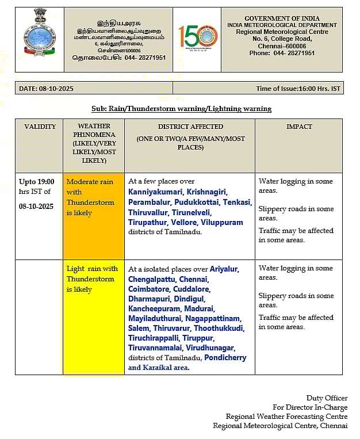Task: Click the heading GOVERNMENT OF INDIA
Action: (x=282, y=18)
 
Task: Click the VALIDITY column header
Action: (x=40, y=127)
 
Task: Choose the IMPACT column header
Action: (x=298, y=127)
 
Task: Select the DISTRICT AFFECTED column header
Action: (x=190, y=127)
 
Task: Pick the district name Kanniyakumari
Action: (x=155, y=192)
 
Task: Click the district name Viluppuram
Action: (x=221, y=222)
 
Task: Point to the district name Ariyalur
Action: (x=224, y=269)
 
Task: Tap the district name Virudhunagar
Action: (x=210, y=348)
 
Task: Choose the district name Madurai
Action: (x=198, y=309)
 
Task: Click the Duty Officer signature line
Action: (x=327, y=398)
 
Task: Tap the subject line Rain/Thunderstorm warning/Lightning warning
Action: (x=181, y=109)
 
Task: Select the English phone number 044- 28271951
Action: (x=294, y=53)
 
